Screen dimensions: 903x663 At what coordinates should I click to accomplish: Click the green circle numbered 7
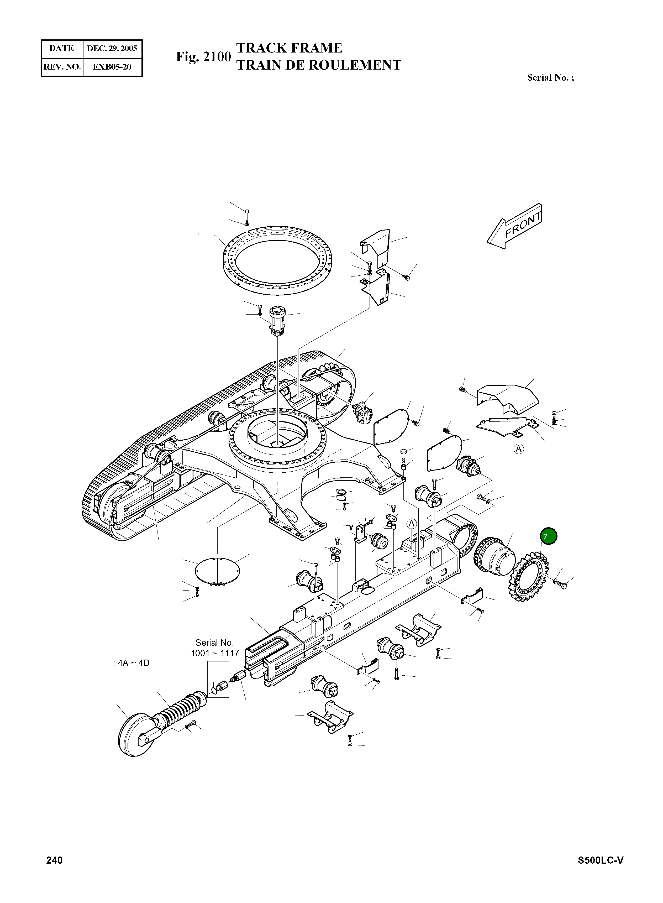pos(549,536)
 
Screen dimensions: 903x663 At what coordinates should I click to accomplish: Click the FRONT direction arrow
pos(515,226)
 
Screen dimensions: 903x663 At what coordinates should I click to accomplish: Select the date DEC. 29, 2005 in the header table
pos(112,49)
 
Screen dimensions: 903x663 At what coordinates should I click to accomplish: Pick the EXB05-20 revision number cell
pos(112,67)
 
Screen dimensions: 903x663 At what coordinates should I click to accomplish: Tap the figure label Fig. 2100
pos(203,57)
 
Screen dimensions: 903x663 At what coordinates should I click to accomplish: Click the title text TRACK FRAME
pos(289,48)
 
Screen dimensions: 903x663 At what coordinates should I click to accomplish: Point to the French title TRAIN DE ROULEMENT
pos(319,65)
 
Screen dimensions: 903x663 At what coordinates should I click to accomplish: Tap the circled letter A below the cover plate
pos(519,449)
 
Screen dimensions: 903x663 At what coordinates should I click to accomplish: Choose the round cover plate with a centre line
pos(217,570)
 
